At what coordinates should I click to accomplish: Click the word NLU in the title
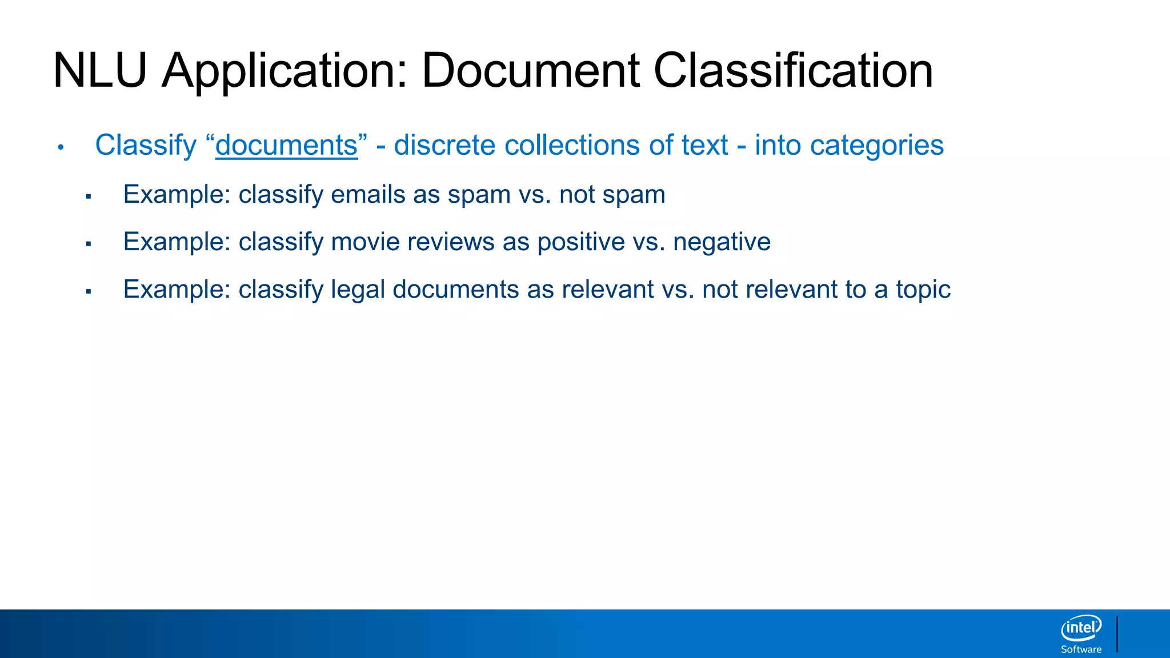(100, 71)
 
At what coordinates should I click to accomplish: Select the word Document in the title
(531, 71)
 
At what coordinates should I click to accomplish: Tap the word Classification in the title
(793, 71)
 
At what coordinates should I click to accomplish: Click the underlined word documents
(286, 145)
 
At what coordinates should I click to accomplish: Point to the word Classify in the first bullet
(146, 145)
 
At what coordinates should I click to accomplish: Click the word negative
(722, 242)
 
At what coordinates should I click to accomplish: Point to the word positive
(581, 242)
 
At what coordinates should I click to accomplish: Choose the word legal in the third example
(357, 290)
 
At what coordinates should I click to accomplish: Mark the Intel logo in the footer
(1081, 628)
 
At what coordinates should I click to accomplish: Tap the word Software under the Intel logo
(1081, 649)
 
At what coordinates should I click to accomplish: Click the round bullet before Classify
(61, 147)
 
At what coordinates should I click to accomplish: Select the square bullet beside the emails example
(89, 197)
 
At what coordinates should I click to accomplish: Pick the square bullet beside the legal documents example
(89, 292)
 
